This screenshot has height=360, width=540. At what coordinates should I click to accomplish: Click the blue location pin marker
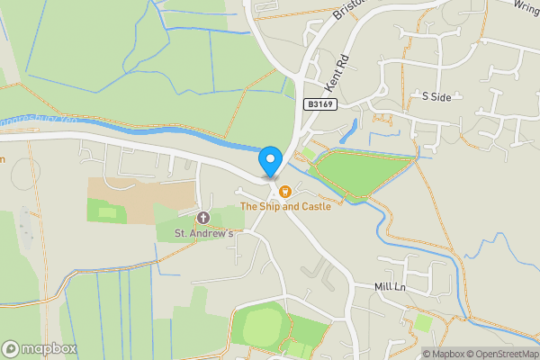pyautogui.click(x=269, y=162)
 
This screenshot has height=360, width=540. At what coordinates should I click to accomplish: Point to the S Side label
pyautogui.click(x=436, y=95)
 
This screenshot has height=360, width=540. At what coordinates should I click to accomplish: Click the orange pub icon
pyautogui.click(x=285, y=191)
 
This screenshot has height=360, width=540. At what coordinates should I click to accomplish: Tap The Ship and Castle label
pyautogui.click(x=285, y=207)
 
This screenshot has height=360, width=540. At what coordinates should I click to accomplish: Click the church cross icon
pyautogui.click(x=203, y=218)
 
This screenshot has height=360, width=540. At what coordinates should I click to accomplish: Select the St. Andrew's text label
pyautogui.click(x=203, y=234)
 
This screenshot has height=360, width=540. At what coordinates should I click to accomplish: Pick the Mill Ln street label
pyautogui.click(x=392, y=286)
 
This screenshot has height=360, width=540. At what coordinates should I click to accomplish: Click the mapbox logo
pyautogui.click(x=39, y=348)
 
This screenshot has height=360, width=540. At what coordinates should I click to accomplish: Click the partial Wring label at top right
pyautogui.click(x=526, y=5)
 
